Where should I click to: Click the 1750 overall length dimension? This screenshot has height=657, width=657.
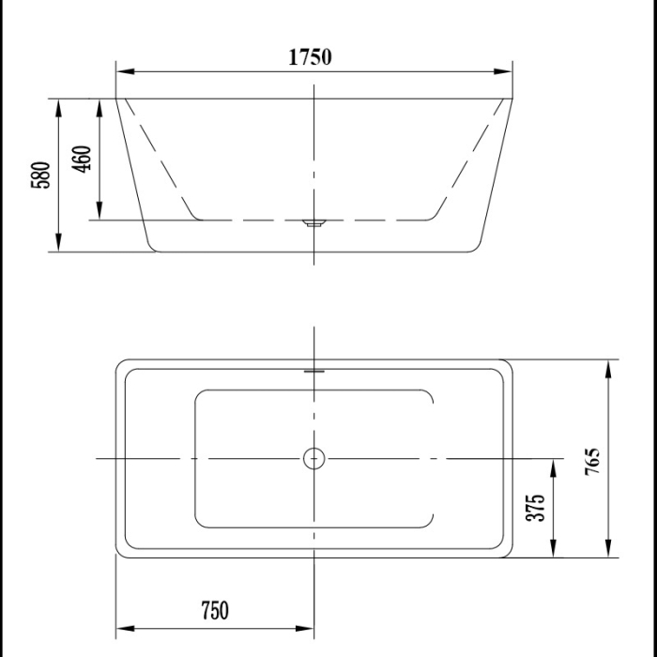tap(309, 57)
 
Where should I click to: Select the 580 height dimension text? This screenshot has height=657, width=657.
tap(40, 175)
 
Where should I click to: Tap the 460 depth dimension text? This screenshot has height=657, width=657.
tap(82, 159)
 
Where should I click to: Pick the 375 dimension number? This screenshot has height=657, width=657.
tap(536, 508)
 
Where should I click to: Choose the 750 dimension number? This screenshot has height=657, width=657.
tap(214, 611)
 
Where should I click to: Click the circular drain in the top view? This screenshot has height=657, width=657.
tap(313, 458)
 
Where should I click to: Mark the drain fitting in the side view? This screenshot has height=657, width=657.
tap(313, 223)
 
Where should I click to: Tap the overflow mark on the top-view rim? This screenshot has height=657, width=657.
tap(313, 369)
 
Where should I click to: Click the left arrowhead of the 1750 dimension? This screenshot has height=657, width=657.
tap(123, 71)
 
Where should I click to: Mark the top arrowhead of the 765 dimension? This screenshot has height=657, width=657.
tap(610, 367)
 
